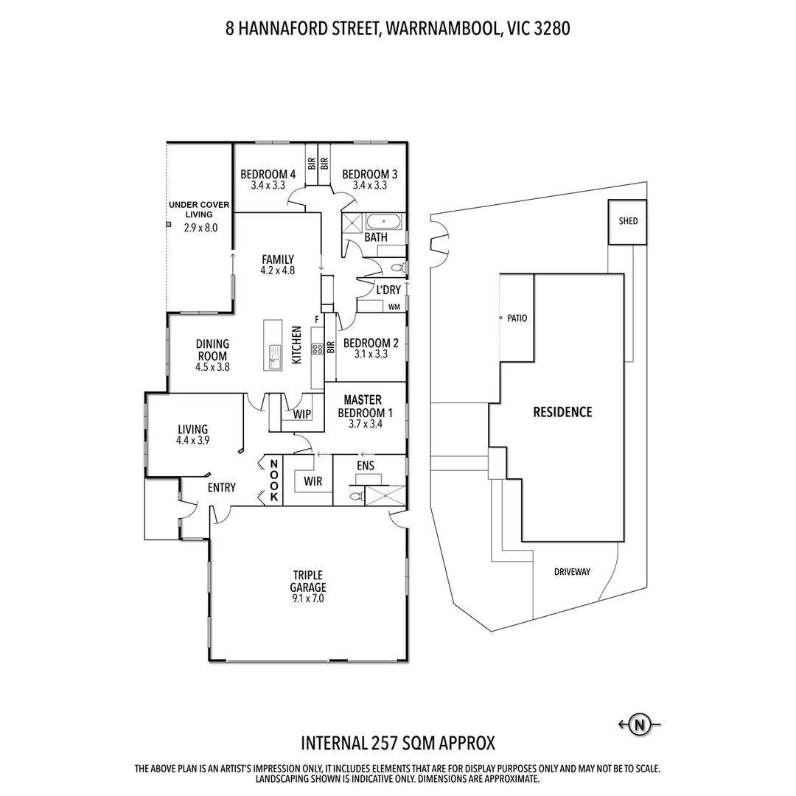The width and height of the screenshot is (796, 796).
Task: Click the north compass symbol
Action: [x=639, y=725]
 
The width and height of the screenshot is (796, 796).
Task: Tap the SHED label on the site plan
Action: [x=628, y=221]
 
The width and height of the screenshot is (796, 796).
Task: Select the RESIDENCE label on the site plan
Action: [x=562, y=412]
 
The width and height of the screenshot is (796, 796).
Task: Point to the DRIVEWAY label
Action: [x=572, y=572]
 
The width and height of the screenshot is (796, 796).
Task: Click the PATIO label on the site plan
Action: [x=517, y=318]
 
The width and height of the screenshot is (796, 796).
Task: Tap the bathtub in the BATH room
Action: [x=384, y=221]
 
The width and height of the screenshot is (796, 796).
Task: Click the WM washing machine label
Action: [x=394, y=307]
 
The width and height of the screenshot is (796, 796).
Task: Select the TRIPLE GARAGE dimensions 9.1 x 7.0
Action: [x=309, y=599]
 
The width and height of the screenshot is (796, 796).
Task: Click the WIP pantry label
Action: [x=302, y=415]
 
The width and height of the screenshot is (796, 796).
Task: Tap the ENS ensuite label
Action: [x=366, y=466]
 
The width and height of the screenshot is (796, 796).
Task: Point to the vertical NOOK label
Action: [x=273, y=481]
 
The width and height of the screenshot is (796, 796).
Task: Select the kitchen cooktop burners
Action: [x=318, y=348]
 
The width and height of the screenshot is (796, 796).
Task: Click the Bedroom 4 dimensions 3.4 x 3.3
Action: [x=268, y=186]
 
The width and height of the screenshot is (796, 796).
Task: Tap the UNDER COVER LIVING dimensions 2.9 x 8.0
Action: [x=200, y=228]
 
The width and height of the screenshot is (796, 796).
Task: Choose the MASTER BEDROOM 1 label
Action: [x=363, y=407]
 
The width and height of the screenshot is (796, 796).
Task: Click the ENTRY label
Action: [x=221, y=488]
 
